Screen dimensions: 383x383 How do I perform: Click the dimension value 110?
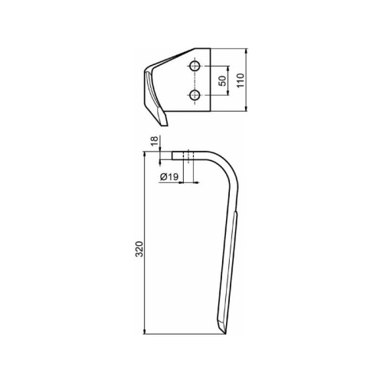point(241,80)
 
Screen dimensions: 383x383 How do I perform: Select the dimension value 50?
point(222,81)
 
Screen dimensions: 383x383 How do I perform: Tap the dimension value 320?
point(139,249)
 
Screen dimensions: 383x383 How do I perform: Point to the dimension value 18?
point(154,141)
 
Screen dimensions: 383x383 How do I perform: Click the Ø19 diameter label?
point(169,177)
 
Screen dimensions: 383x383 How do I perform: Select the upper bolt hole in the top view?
point(195,66)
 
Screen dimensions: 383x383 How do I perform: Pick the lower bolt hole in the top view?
point(195,95)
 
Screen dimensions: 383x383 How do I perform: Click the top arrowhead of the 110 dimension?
point(246,51)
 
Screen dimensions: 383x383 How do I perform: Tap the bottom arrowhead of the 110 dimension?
point(246,109)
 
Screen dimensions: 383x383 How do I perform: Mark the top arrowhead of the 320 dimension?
point(145,155)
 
